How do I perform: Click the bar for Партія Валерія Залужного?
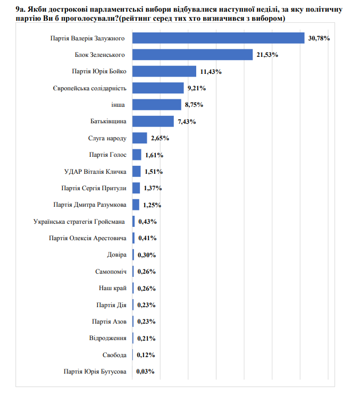click(218, 38)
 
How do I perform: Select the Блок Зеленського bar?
click(192, 55)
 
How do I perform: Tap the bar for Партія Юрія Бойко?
click(164, 71)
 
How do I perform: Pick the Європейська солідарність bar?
click(158, 88)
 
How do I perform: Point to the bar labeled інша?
click(157, 105)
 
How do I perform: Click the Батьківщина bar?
click(153, 121)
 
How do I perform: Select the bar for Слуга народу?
click(140, 138)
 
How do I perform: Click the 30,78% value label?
click(319, 38)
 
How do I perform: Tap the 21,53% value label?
click(267, 55)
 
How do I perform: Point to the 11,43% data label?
click(211, 72)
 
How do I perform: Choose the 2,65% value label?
click(160, 138)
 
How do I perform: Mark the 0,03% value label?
click(146, 371)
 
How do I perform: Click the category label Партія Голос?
click(108, 155)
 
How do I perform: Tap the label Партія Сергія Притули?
click(94, 188)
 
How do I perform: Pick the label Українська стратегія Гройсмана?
click(79, 222)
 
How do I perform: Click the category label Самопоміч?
click(111, 272)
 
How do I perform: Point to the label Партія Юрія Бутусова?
click(94, 371)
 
